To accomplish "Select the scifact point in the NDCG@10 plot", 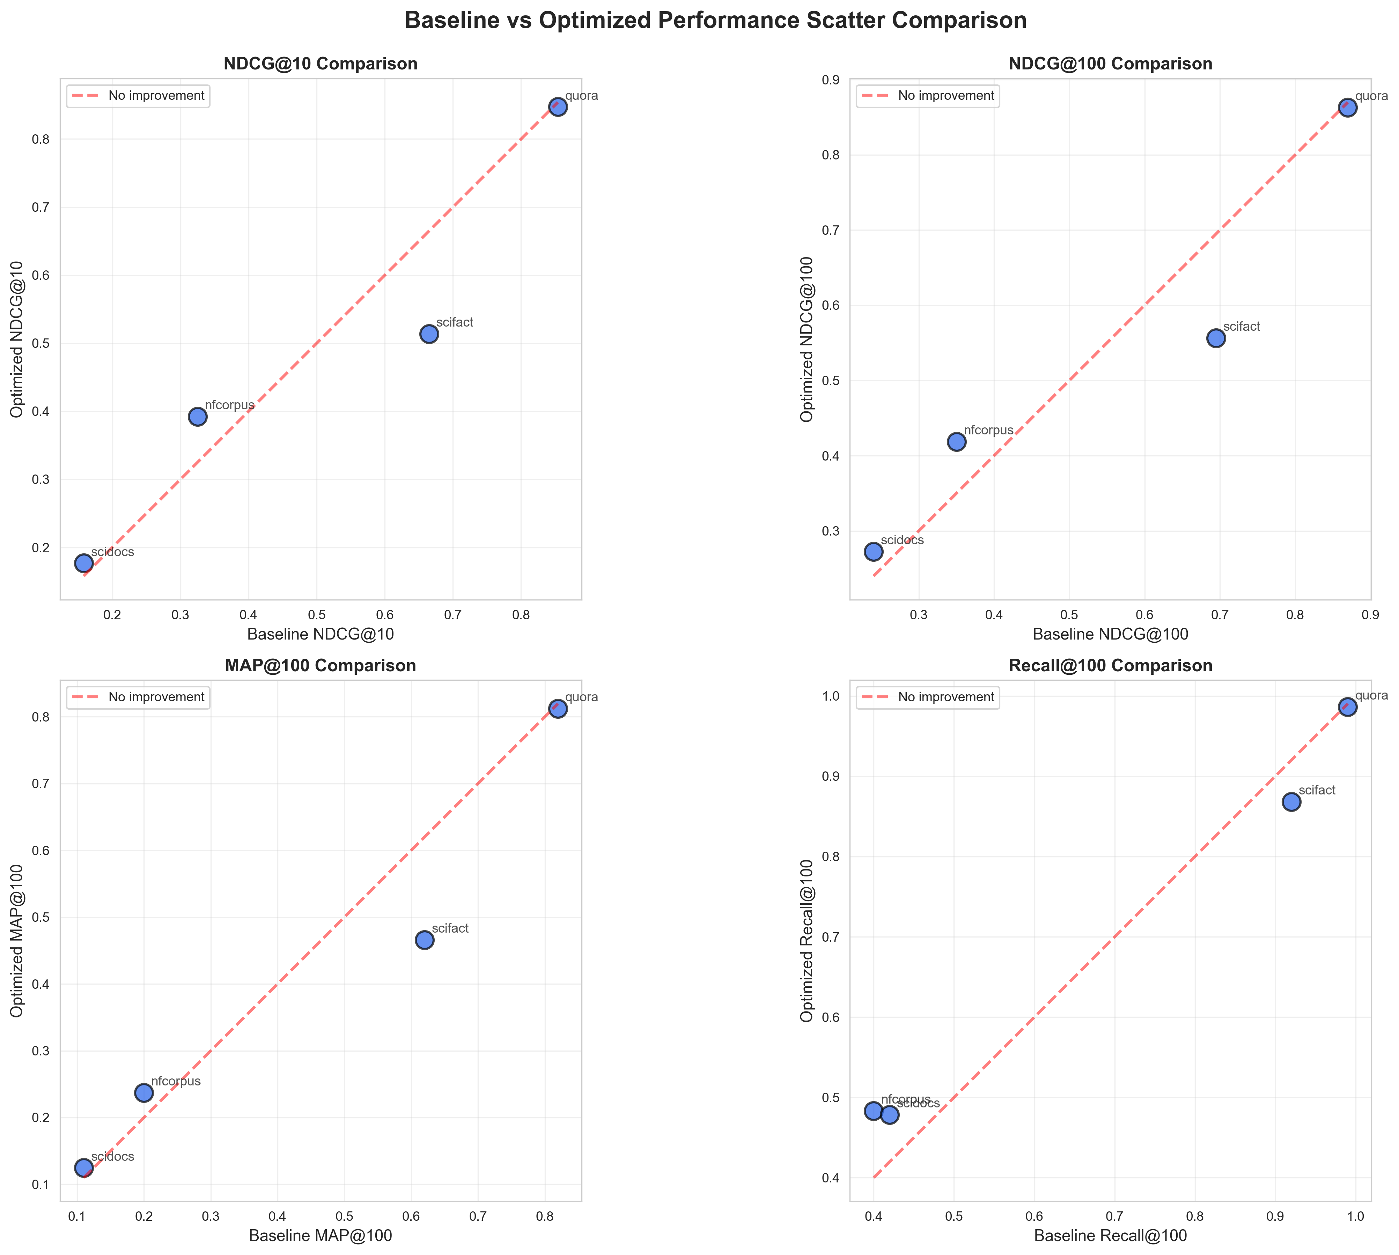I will pos(429,334).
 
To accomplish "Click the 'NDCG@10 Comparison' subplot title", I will pos(321,64).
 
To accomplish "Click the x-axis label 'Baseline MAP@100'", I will pos(321,1236).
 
